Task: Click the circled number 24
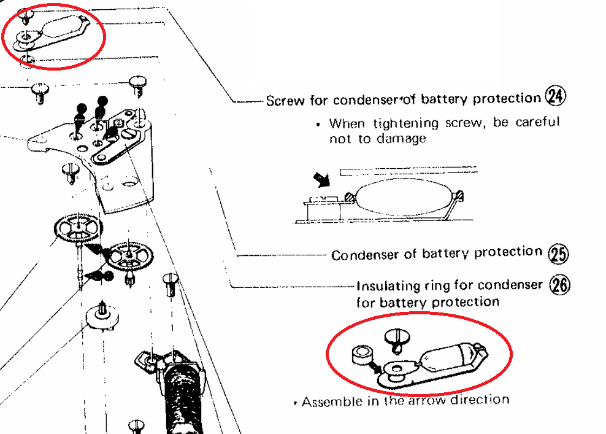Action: pos(555,96)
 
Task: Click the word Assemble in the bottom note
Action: pos(328,403)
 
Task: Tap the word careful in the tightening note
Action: pos(537,122)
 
